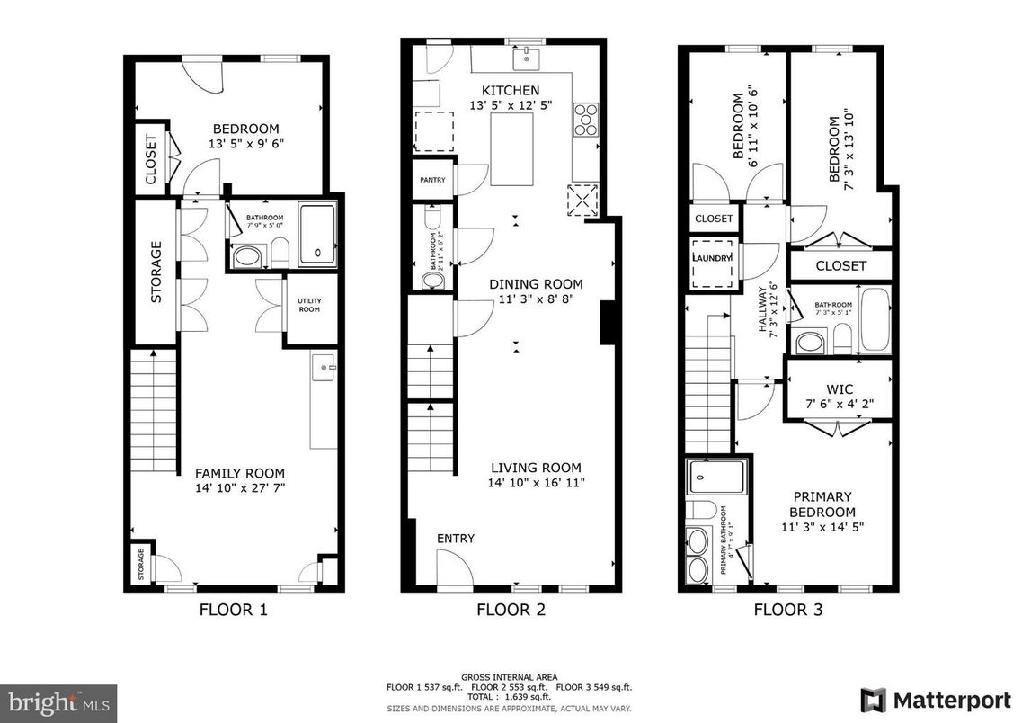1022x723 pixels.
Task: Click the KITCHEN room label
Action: [x=511, y=90]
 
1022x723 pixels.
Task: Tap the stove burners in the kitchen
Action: [x=585, y=120]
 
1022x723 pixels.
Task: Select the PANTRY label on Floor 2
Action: [x=432, y=180]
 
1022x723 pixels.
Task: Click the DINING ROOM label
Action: [x=536, y=283]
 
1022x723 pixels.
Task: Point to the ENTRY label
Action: [x=456, y=539]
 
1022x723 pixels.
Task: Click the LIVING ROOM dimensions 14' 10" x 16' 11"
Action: [x=536, y=483]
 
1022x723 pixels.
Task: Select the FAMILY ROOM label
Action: [x=240, y=473]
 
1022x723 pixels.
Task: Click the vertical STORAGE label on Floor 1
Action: [x=156, y=272]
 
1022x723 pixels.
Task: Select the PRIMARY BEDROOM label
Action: [x=822, y=504]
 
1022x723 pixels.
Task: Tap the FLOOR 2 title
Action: [x=511, y=610]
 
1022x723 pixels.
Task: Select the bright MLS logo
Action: [x=59, y=700]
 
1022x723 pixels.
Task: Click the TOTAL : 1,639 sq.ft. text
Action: [x=510, y=697]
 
